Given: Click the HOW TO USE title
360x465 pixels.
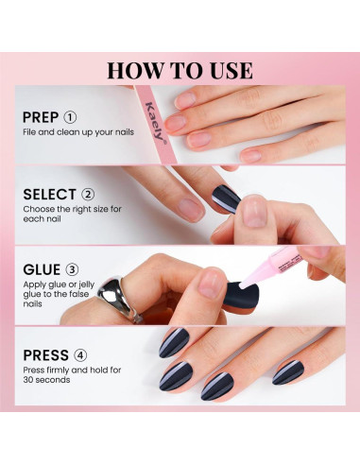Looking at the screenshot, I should (x=180, y=70).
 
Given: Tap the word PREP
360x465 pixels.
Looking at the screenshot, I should (x=43, y=118).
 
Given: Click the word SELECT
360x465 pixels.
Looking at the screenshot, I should (x=49, y=194).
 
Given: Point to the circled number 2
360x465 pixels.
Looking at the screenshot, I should (x=90, y=194).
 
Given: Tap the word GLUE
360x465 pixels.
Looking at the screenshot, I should (x=43, y=269).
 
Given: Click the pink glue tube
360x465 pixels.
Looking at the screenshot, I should (x=274, y=265).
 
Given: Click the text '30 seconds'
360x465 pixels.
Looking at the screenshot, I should (x=46, y=382).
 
